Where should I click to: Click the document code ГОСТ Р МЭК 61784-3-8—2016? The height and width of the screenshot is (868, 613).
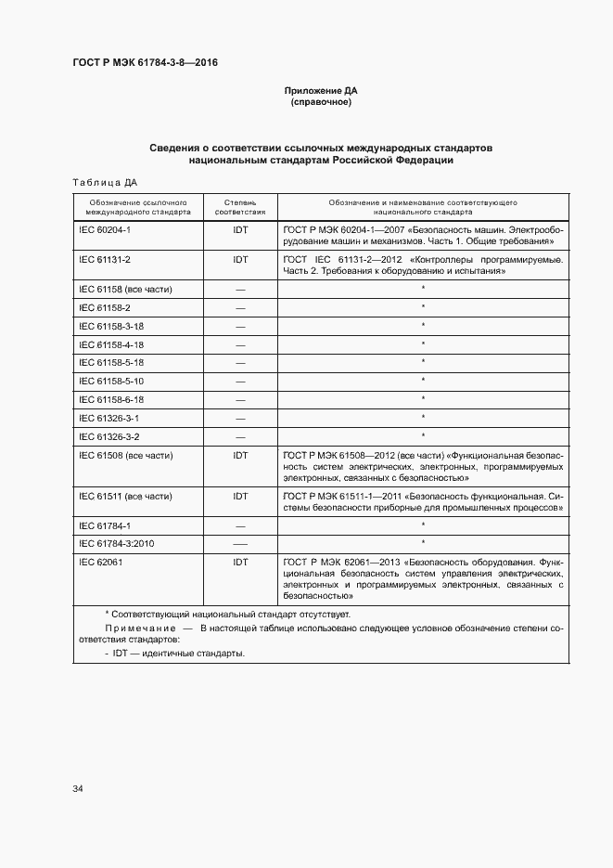pyautogui.click(x=145, y=63)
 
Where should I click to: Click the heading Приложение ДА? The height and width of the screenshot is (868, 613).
pyautogui.click(x=320, y=91)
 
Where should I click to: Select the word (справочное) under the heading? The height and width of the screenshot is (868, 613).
pyautogui.click(x=320, y=102)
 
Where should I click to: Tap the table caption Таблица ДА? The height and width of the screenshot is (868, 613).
pyautogui.click(x=104, y=182)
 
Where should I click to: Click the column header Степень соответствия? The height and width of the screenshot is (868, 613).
pyautogui.click(x=240, y=206)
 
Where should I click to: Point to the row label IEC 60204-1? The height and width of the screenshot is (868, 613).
pyautogui.click(x=105, y=228)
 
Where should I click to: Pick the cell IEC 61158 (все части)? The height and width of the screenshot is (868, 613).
pyautogui.click(x=125, y=289)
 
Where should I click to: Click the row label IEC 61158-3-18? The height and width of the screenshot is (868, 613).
pyautogui.click(x=111, y=326)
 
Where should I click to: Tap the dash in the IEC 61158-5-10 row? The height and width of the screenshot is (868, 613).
pyautogui.click(x=240, y=381)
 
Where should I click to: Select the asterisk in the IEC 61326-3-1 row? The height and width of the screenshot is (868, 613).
pyautogui.click(x=423, y=417)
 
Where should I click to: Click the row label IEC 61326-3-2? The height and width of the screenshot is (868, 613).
pyautogui.click(x=109, y=435)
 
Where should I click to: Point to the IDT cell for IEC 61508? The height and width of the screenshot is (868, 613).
pyautogui.click(x=240, y=455)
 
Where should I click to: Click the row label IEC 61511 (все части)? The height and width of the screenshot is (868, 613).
pyautogui.click(x=125, y=496)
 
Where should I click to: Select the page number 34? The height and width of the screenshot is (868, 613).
pyautogui.click(x=78, y=789)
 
